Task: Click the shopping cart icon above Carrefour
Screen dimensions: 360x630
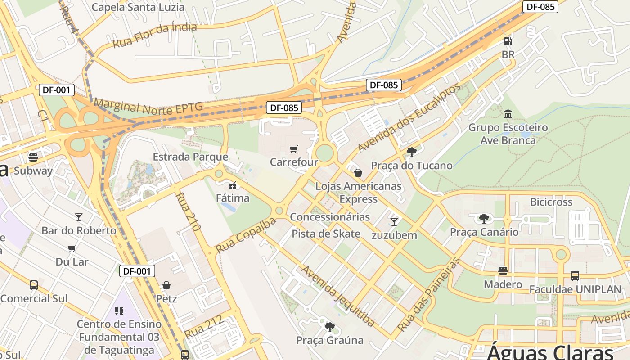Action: click(x=294, y=149)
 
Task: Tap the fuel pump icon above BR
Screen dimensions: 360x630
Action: click(x=508, y=41)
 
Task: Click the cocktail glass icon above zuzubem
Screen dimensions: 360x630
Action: click(x=394, y=221)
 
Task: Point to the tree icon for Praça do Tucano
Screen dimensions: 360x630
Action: click(x=411, y=152)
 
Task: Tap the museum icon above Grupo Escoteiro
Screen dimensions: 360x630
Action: click(x=508, y=114)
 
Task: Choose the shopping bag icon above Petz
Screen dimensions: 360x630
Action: click(x=166, y=285)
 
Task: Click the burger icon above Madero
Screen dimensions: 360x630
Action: click(x=503, y=271)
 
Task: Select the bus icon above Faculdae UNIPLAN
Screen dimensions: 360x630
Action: click(x=575, y=276)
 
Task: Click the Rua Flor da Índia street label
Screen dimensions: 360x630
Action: click(x=154, y=35)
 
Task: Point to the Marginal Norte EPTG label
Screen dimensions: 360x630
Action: click(x=148, y=107)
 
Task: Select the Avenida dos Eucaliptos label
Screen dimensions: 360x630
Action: click(x=409, y=118)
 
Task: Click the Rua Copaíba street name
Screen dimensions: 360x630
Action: click(x=245, y=235)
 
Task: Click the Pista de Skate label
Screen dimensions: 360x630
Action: click(x=326, y=234)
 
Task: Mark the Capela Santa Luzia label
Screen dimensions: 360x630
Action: click(x=138, y=7)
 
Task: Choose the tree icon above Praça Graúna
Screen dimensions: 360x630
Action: click(x=330, y=327)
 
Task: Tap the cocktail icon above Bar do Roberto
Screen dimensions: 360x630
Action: click(x=79, y=217)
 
